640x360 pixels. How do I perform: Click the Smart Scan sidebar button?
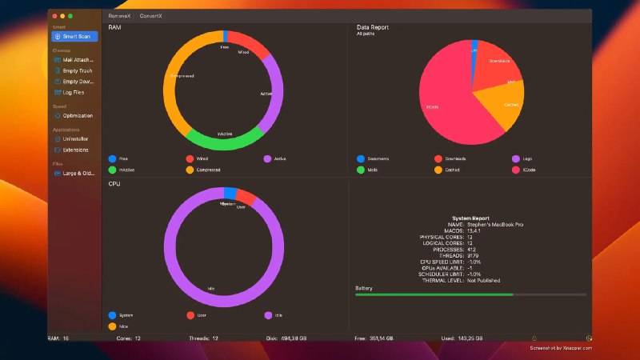coord(74,37)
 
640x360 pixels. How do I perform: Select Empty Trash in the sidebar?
coord(76,70)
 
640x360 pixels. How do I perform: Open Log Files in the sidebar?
coord(74,92)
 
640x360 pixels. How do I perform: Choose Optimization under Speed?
coord(77,115)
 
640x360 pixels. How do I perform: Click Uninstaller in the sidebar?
coord(76,138)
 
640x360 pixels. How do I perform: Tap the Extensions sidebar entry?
coord(76,150)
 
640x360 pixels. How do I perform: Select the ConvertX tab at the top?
coord(150,16)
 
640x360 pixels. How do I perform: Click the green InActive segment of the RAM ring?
coord(225,140)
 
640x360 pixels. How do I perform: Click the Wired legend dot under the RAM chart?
coord(190,158)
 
